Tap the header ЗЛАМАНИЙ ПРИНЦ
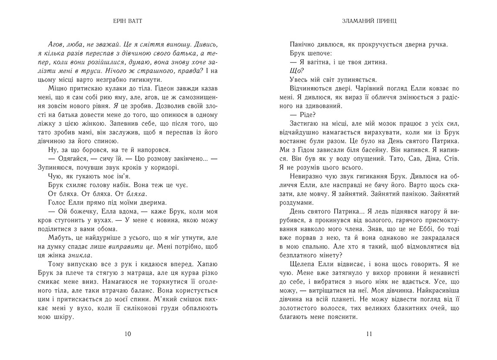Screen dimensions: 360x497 369,21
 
